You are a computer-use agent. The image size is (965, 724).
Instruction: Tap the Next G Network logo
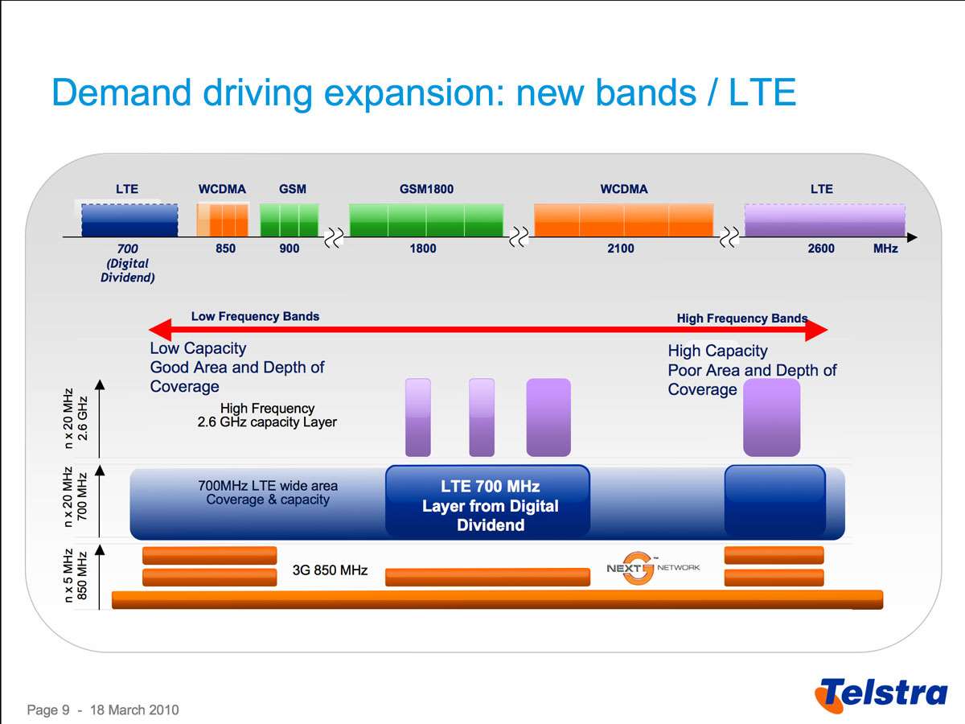652,568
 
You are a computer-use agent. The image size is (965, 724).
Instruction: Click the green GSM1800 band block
426,220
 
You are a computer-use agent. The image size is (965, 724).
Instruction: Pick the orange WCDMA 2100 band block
623,220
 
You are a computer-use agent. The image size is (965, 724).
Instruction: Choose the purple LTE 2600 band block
824,220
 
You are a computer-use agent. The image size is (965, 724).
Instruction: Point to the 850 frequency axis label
226,249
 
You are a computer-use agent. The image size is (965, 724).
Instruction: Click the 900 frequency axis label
289,249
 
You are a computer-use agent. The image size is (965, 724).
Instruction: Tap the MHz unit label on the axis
885,249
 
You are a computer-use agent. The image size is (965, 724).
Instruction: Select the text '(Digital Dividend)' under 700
128,270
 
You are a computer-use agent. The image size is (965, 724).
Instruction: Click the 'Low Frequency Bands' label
255,316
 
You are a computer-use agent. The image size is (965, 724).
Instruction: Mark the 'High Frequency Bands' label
741,319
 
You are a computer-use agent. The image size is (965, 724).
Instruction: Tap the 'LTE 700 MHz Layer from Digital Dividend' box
487,505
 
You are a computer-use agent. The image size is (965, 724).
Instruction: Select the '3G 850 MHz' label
330,570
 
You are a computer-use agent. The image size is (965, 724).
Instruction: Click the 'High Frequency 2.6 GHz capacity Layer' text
267,415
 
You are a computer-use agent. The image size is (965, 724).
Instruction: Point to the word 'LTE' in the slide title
762,93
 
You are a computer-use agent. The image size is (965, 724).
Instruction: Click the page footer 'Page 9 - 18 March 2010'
103,710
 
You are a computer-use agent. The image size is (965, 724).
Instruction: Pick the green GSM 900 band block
289,220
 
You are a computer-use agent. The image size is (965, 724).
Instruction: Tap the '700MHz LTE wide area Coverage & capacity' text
268,492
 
